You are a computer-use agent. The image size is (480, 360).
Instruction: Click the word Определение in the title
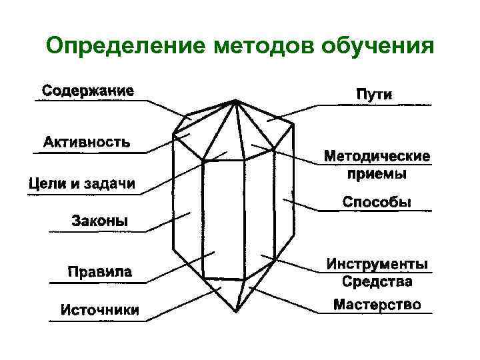tap(127, 47)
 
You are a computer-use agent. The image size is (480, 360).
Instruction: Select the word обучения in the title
tap(377, 47)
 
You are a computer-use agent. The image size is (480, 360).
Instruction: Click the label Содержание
tap(89, 90)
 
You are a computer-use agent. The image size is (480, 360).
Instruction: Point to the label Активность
tap(87, 142)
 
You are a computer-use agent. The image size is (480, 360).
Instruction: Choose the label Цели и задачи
tap(82, 183)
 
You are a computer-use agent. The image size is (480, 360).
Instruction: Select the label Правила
tap(100, 272)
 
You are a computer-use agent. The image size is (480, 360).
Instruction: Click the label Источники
tap(100, 310)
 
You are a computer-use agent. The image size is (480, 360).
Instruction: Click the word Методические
tap(377, 157)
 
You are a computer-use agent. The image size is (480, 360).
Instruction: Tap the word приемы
tap(377, 175)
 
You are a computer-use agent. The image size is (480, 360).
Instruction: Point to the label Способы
tap(377, 201)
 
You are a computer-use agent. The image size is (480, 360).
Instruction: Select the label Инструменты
tap(377, 265)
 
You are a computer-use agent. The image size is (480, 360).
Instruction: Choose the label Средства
tap(377, 282)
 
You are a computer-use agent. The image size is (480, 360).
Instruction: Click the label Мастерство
tap(377, 305)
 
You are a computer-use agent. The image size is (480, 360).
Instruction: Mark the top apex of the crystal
tap(235, 101)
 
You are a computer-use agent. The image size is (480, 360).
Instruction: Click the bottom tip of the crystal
tap(234, 311)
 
